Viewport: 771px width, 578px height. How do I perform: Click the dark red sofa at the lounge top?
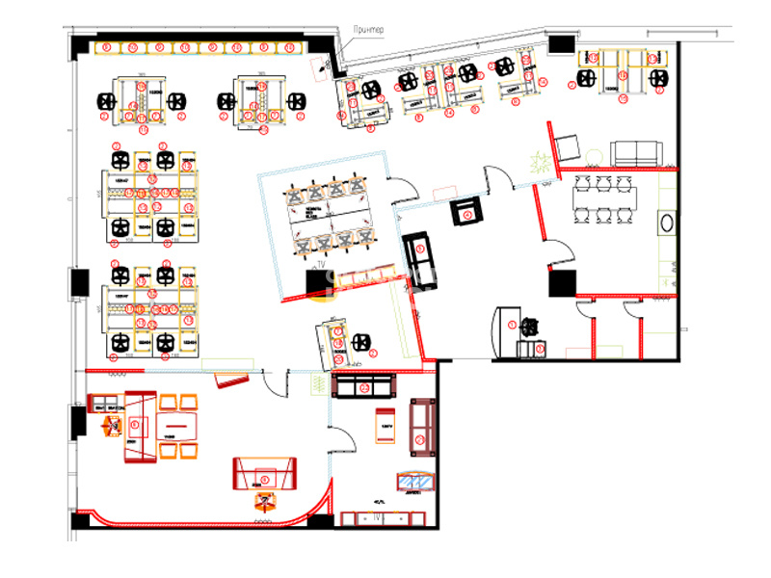click(364, 387)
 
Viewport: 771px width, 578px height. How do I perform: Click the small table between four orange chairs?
click(175, 425)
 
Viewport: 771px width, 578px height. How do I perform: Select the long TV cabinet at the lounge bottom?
click(384, 519)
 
